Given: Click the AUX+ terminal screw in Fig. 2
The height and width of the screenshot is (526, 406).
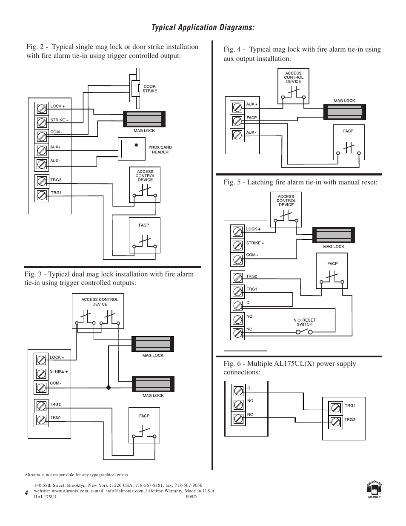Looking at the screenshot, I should tap(42, 150).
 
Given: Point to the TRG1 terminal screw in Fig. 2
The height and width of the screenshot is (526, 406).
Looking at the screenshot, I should tap(42, 195).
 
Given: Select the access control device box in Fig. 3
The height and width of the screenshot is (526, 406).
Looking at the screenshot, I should tap(100, 311).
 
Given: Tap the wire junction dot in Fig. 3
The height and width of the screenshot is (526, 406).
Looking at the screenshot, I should tap(109, 388).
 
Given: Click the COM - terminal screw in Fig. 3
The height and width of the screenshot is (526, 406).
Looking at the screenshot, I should tap(41, 388).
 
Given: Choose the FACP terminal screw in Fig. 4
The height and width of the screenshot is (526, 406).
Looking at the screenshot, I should tap(237, 121).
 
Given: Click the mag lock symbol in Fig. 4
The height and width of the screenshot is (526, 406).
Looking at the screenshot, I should tap(344, 111).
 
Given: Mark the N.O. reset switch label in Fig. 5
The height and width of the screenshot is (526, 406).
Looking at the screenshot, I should tap(304, 322).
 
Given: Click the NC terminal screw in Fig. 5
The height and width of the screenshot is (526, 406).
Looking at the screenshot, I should tap(237, 333).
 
